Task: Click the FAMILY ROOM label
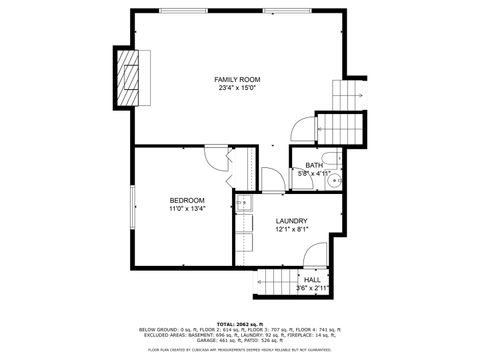(237, 79)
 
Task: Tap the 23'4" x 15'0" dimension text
(237, 88)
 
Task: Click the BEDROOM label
(186, 200)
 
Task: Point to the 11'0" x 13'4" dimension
(186, 209)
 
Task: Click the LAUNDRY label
(291, 221)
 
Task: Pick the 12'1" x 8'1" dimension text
(291, 230)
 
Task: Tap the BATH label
(313, 164)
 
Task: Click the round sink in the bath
(337, 181)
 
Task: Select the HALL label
(312, 280)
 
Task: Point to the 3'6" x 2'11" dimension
(312, 289)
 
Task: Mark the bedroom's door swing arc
(219, 160)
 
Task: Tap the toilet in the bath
(335, 165)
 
